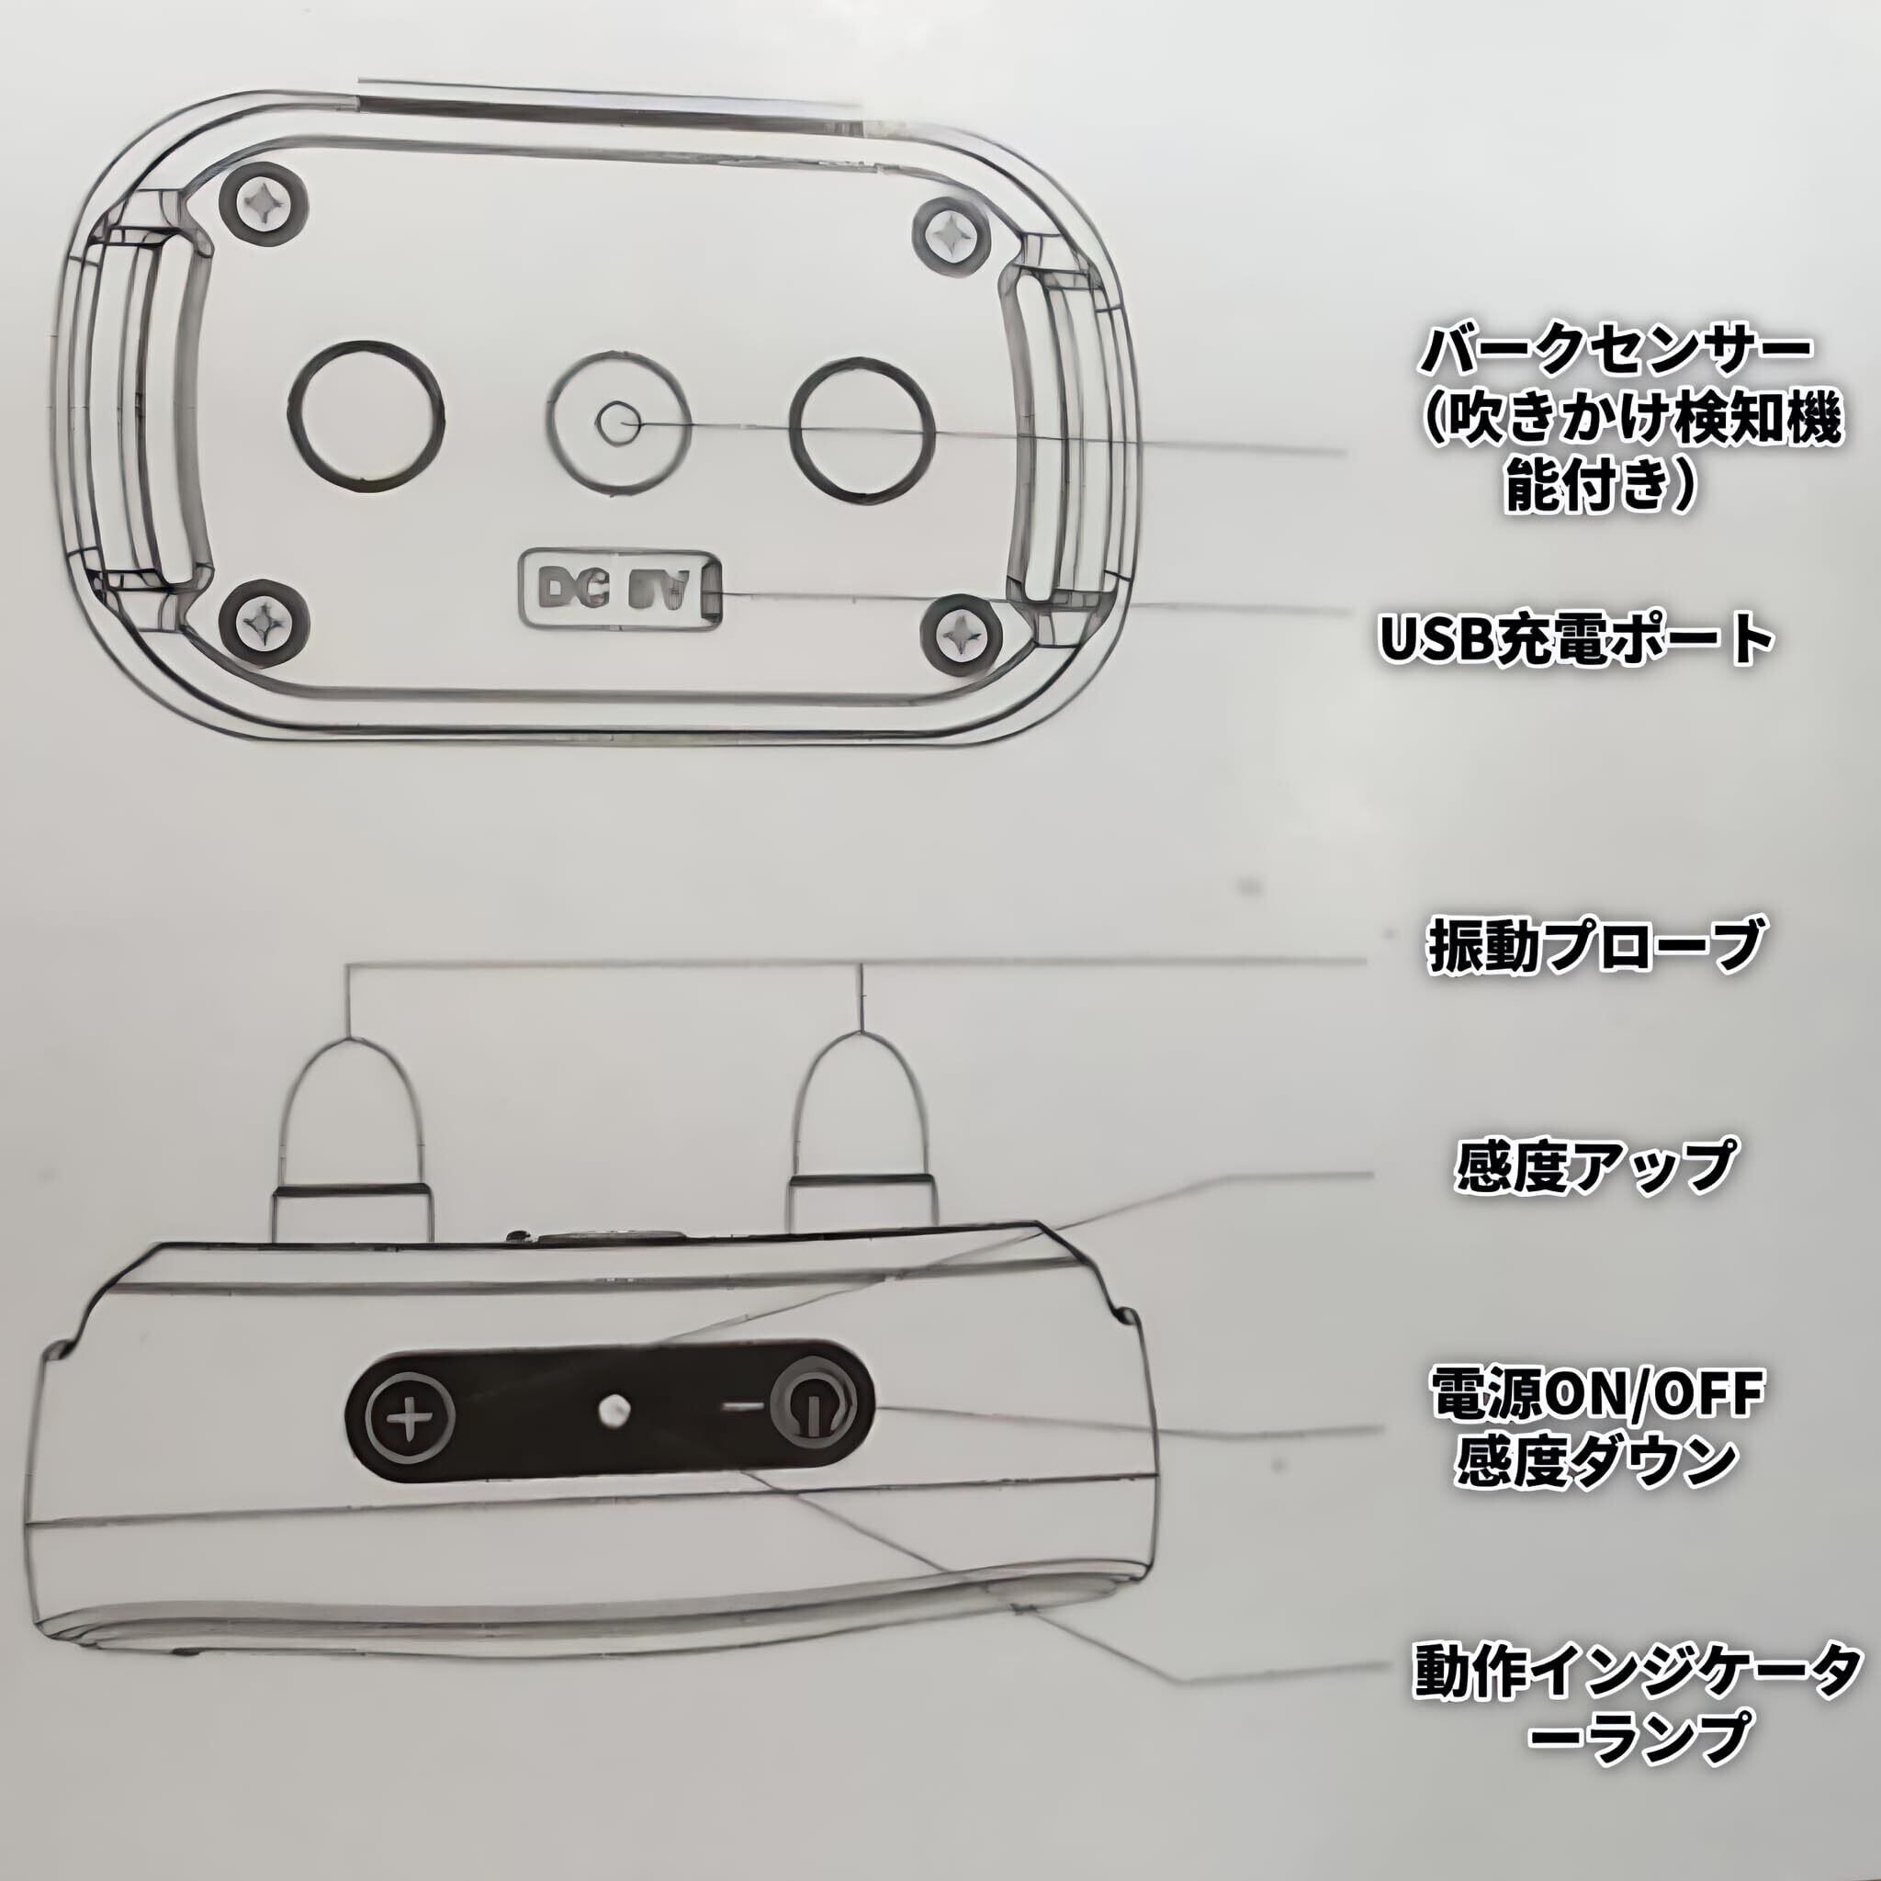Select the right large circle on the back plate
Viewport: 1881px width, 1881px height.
click(862, 425)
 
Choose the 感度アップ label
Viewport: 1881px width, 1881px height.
click(1594, 1166)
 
